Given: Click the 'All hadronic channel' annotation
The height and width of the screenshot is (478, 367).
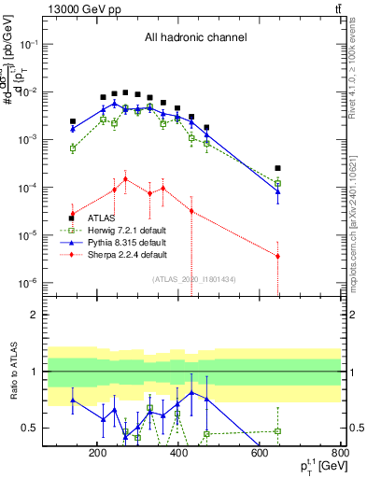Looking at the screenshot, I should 195,37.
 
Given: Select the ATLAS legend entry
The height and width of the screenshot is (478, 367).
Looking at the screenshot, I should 102,218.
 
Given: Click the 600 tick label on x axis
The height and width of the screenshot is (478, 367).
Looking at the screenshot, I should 261,453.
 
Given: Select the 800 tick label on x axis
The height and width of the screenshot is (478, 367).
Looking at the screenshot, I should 340,453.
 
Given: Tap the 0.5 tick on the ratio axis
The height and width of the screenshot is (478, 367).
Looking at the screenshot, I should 31,428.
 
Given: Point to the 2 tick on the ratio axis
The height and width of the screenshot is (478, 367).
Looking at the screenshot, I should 35,315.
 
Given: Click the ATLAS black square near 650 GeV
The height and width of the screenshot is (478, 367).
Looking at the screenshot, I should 277,168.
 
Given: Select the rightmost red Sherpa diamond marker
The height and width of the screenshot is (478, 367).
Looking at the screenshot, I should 277,256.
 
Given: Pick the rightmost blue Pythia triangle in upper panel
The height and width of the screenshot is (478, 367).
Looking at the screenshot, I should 277,190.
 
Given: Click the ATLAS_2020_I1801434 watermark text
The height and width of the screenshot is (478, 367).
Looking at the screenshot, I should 195,278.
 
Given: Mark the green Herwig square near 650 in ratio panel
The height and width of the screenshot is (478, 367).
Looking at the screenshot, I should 277,430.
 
